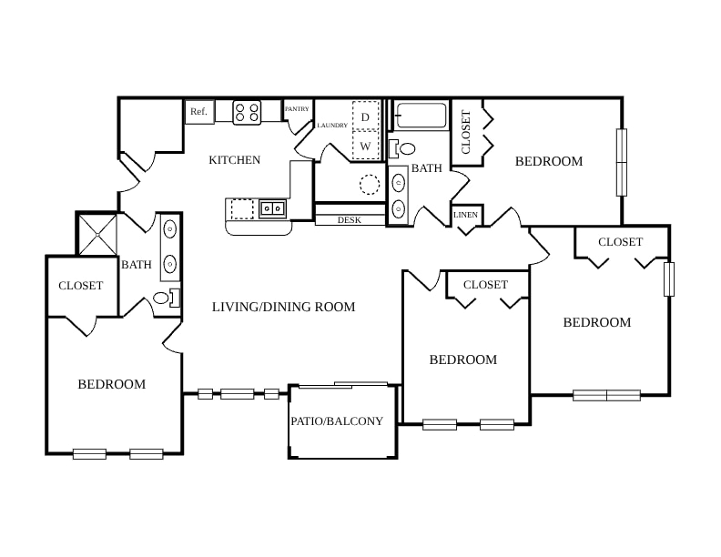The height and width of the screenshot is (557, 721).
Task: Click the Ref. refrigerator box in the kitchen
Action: pyautogui.click(x=199, y=112)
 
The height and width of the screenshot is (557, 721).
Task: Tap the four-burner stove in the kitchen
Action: pyautogui.click(x=247, y=112)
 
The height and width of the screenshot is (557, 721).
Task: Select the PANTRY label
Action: pyautogui.click(x=297, y=109)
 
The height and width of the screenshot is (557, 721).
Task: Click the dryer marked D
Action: pyautogui.click(x=366, y=116)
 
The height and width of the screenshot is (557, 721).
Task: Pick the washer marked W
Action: pyautogui.click(x=366, y=146)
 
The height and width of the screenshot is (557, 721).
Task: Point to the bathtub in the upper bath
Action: pyautogui.click(x=421, y=116)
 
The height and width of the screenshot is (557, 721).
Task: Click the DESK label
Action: pyautogui.click(x=350, y=220)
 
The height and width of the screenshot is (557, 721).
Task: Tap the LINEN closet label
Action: pyautogui.click(x=466, y=215)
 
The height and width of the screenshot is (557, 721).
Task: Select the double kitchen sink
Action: pyautogui.click(x=273, y=209)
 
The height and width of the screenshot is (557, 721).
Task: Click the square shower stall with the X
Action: pyautogui.click(x=97, y=235)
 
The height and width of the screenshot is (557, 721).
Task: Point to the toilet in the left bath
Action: pyautogui.click(x=166, y=298)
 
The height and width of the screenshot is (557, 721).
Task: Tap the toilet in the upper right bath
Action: pyautogui.click(x=401, y=148)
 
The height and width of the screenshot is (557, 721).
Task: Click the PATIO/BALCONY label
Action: pyautogui.click(x=337, y=421)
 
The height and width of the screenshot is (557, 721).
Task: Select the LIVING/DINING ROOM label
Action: pyautogui.click(x=283, y=307)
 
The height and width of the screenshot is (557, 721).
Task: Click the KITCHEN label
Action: pyautogui.click(x=235, y=160)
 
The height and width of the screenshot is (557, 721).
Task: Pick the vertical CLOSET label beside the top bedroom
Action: pyautogui.click(x=466, y=132)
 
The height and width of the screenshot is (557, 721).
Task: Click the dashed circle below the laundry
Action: pyautogui.click(x=370, y=184)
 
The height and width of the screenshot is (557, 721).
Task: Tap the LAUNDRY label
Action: pyautogui.click(x=332, y=125)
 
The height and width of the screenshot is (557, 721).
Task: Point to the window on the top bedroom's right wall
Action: pyautogui.click(x=621, y=162)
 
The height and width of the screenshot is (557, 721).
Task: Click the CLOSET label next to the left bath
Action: pyautogui.click(x=80, y=286)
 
